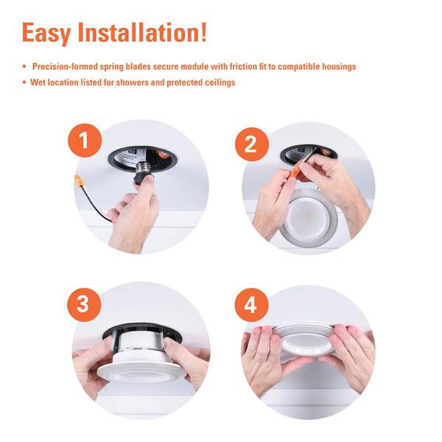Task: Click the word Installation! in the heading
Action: pos(148,32)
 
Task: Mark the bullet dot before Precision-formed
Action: pos(25,67)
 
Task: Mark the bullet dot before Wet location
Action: pos(25,83)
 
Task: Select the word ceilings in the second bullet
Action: pos(220,83)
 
